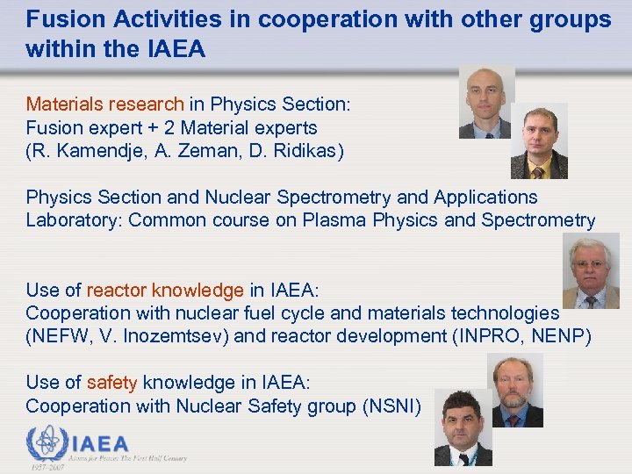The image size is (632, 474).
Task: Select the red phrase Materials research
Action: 104,104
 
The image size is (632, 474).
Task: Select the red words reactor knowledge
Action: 165,291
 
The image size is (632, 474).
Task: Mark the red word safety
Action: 111,383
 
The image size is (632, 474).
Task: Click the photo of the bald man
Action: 486,103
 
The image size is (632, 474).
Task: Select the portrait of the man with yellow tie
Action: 539,141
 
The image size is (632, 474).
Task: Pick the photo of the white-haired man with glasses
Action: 591,272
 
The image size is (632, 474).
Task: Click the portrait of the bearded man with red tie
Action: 515,390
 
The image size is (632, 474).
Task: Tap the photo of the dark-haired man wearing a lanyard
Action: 463,429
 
